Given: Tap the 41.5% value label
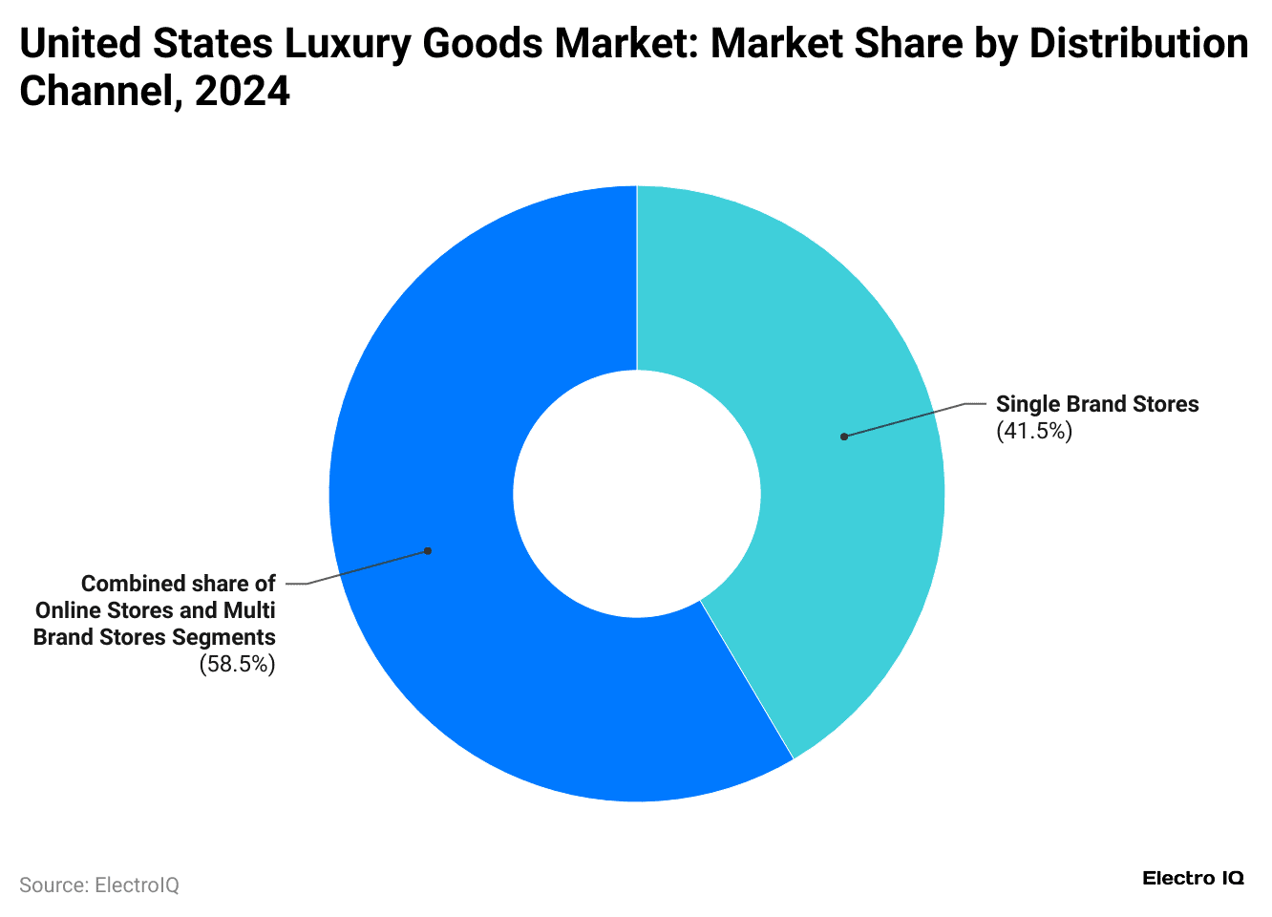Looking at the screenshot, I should click(x=1034, y=432).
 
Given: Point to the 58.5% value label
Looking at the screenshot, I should click(x=237, y=665).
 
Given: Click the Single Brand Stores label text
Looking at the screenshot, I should click(x=1097, y=404).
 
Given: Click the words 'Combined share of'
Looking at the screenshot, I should click(x=179, y=584).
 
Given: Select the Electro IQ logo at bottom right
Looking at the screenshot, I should click(x=1193, y=879).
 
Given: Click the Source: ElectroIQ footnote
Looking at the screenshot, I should click(x=99, y=885).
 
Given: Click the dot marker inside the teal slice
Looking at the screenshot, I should click(x=844, y=437).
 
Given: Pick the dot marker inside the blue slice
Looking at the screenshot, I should click(x=428, y=551).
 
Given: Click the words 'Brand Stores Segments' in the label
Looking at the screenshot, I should click(x=155, y=637).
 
